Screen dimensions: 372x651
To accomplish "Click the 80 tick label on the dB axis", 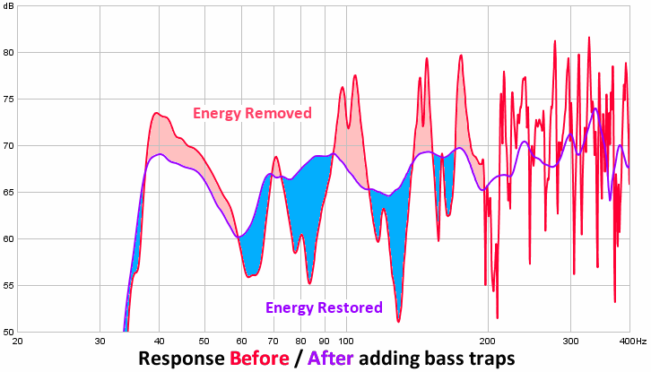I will [x=7, y=52].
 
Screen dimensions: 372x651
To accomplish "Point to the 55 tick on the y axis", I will [x=7, y=286].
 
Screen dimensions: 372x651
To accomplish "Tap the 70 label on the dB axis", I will [x=7, y=145].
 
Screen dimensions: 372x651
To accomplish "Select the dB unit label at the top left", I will [x=8, y=6].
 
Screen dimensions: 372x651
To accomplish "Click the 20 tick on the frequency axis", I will [x=18, y=342].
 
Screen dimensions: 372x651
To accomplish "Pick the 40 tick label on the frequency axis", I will [x=159, y=342].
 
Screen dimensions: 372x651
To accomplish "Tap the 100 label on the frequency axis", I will [x=346, y=342].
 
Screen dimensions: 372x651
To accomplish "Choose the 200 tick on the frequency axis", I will [x=489, y=342].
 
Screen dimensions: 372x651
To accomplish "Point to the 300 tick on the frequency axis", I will [x=571, y=342].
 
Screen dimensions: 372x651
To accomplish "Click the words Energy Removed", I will [x=252, y=114].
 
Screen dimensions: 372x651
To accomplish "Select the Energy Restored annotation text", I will [x=324, y=307].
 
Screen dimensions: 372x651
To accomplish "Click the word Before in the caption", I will [x=261, y=359].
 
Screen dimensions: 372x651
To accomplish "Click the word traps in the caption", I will [x=490, y=359].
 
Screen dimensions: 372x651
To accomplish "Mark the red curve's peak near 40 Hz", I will [x=156, y=113].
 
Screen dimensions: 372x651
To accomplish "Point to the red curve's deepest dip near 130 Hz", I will [x=397, y=320].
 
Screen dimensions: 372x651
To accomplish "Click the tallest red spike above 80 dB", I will [x=589, y=38].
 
